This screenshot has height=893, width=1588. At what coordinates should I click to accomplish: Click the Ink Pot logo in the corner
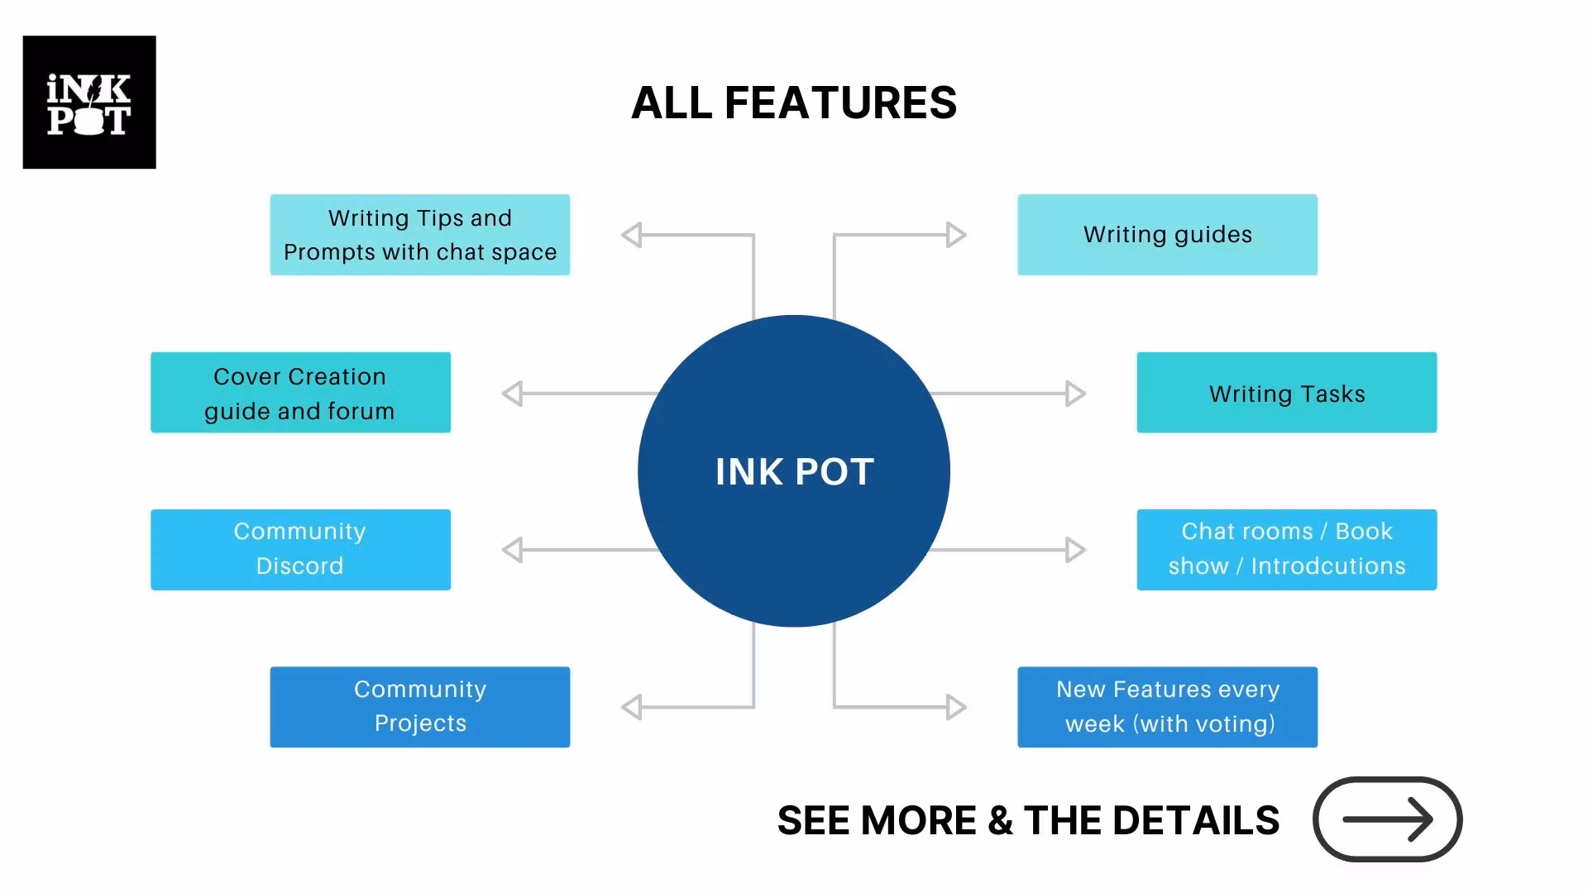point(89,103)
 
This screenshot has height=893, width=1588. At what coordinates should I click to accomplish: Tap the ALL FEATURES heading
point(794,103)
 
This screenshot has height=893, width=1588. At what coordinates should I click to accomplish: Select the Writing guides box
point(1167,235)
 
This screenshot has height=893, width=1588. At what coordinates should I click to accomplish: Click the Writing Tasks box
point(1286,393)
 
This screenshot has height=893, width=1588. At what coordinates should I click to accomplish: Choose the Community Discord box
point(300,549)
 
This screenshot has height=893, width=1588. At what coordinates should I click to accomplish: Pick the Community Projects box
point(419,707)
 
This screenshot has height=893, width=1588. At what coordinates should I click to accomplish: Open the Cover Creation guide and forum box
point(300,393)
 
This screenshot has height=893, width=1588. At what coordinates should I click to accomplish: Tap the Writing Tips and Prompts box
point(419,235)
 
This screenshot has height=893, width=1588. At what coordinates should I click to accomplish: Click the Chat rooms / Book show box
point(1286,549)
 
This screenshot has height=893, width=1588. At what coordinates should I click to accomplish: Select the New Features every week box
point(1167,707)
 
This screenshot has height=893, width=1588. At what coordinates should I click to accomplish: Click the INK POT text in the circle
point(794,472)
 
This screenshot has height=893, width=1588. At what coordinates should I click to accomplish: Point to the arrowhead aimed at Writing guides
point(956,235)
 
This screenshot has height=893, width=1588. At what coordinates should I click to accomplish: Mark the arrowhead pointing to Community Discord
point(513,550)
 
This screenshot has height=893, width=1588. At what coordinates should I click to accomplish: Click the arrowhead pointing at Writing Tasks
point(1075,394)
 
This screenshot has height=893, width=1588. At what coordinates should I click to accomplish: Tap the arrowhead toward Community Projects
point(632,707)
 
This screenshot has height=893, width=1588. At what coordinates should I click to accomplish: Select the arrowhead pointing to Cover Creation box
point(513,394)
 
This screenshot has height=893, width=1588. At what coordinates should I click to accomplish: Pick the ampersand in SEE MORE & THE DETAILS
point(1000,820)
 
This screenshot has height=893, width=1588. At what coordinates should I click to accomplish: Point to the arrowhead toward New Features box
point(956,707)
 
